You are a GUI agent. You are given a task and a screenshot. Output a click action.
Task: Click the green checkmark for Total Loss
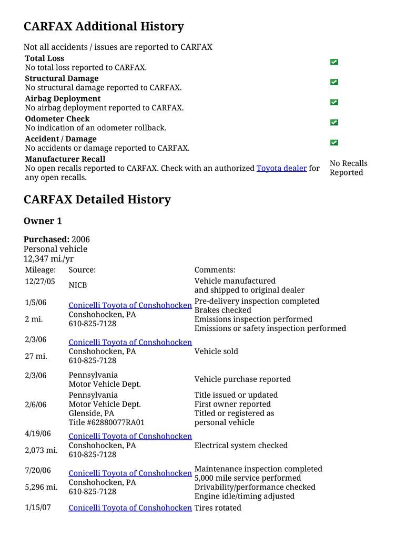point(334,62)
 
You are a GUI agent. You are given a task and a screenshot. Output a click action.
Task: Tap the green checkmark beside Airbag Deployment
point(334,102)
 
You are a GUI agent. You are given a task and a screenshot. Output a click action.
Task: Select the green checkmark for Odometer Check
point(334,122)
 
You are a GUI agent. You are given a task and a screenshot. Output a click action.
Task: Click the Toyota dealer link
point(281,168)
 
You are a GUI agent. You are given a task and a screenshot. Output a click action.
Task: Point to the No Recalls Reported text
point(348,168)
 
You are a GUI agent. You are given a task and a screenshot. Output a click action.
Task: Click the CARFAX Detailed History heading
point(97,200)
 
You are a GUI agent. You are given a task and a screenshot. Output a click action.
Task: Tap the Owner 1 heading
point(43,221)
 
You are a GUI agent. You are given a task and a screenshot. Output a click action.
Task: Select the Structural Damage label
point(62,78)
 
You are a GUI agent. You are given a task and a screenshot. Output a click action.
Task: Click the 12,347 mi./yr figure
point(48,258)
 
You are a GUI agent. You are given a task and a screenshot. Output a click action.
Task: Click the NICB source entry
point(78,285)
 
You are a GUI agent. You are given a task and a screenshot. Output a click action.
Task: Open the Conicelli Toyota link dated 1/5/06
point(130,305)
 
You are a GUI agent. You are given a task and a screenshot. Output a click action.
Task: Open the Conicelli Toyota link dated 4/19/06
point(130,436)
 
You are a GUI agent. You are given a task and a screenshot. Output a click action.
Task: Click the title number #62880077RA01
point(106,422)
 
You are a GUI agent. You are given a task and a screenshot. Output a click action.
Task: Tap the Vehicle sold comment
point(216,351)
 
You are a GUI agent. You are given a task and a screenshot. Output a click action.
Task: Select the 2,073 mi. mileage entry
point(41,450)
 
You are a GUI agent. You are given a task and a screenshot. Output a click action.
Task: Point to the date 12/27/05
point(40,281)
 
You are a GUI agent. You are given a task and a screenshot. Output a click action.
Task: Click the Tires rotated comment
point(218,508)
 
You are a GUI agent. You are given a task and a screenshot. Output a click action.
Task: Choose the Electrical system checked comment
point(241,446)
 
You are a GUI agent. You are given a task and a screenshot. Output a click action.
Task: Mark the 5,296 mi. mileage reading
point(41,487)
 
